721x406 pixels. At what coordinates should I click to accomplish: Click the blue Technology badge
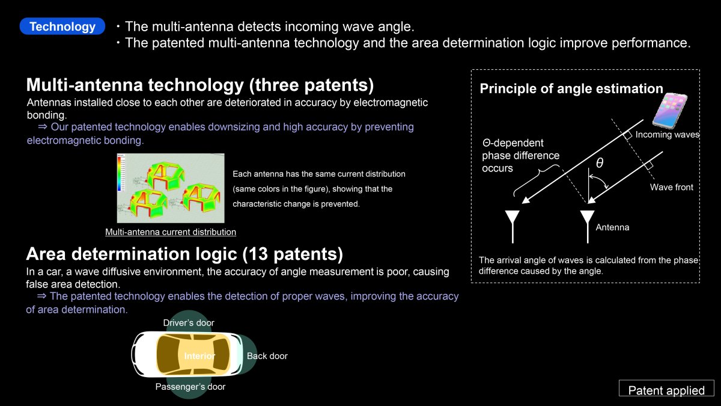[x=62, y=26]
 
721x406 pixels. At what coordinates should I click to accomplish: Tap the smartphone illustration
[x=669, y=110]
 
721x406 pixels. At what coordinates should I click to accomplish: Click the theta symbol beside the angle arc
[x=600, y=163]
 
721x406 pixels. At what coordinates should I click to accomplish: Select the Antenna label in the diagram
[x=612, y=227]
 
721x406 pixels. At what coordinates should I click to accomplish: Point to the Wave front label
[x=672, y=187]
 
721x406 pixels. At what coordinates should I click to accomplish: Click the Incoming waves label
[x=668, y=134]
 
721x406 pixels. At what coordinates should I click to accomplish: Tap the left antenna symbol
[x=513, y=227]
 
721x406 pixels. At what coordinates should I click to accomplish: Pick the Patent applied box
[x=666, y=388]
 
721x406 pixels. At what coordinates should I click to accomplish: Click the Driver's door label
[x=189, y=322]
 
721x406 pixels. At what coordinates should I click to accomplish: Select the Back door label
[x=267, y=355]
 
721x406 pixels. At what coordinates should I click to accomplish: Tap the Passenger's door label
[x=190, y=386]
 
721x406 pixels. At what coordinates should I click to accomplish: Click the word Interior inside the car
[x=199, y=355]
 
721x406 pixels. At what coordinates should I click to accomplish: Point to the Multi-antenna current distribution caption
[x=171, y=232]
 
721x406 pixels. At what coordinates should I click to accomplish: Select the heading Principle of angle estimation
[x=571, y=88]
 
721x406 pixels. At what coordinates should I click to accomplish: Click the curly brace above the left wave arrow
[x=535, y=179]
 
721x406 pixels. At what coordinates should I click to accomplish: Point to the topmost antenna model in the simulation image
[x=166, y=177]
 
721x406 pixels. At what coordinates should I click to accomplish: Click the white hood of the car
[x=145, y=354]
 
